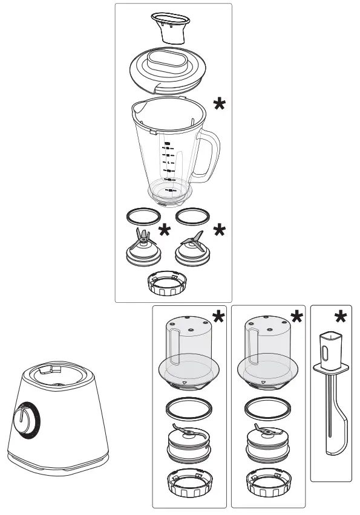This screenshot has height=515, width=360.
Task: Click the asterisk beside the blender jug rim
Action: (x=220, y=105)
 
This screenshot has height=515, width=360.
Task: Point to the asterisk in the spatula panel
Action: (x=341, y=318)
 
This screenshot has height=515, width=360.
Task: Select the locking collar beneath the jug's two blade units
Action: (x=166, y=283)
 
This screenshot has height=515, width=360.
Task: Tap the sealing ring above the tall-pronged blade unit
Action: (x=139, y=215)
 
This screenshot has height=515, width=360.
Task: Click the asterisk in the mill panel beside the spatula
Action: (x=296, y=318)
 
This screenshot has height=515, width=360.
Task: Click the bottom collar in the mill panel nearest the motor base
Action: (x=188, y=482)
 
